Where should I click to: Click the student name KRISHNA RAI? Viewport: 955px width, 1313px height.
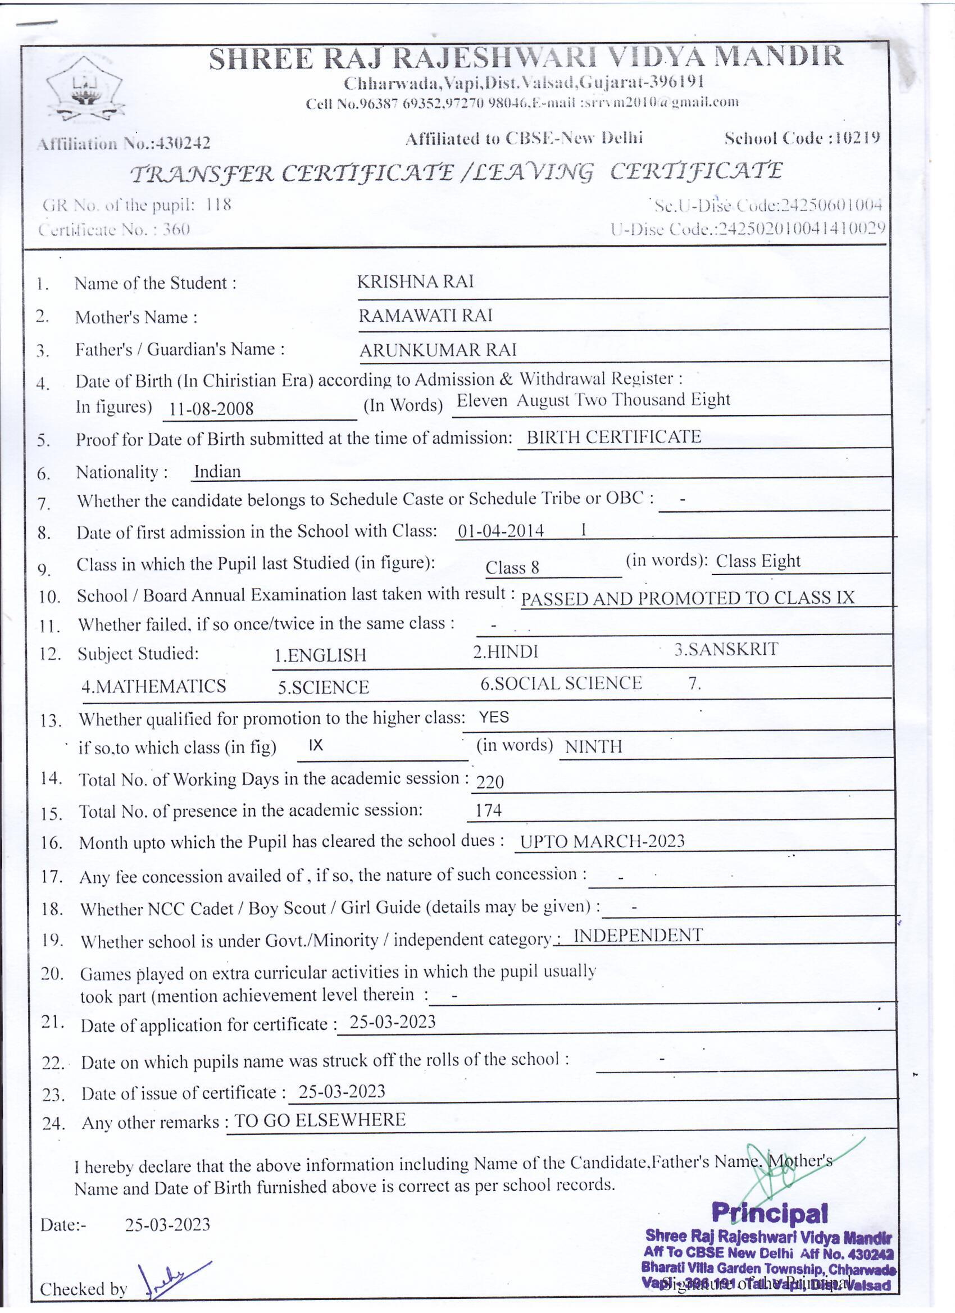pyautogui.click(x=415, y=282)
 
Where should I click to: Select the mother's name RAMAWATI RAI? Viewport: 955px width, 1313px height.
pyautogui.click(x=425, y=316)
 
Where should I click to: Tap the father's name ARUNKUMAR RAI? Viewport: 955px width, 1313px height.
pyautogui.click(x=437, y=350)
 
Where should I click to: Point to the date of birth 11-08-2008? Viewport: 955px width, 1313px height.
pyautogui.click(x=211, y=409)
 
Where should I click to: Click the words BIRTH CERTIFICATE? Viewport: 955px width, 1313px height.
pyautogui.click(x=613, y=436)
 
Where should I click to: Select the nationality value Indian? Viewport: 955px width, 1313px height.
pyautogui.click(x=217, y=472)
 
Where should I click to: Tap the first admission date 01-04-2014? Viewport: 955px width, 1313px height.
pyautogui.click(x=501, y=531)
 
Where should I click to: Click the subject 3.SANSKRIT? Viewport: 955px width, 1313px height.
pyautogui.click(x=726, y=650)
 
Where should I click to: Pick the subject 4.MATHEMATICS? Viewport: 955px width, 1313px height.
pyautogui.click(x=153, y=686)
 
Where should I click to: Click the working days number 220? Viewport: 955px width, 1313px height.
pyautogui.click(x=490, y=783)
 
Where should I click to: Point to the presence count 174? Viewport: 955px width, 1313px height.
pyautogui.click(x=488, y=810)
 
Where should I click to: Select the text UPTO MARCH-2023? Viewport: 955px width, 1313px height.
pyautogui.click(x=602, y=841)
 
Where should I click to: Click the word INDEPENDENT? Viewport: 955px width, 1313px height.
pyautogui.click(x=638, y=936)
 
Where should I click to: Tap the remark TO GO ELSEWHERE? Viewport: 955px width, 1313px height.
pyautogui.click(x=319, y=1120)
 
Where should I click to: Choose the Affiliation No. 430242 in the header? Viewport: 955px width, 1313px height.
pyautogui.click(x=184, y=143)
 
